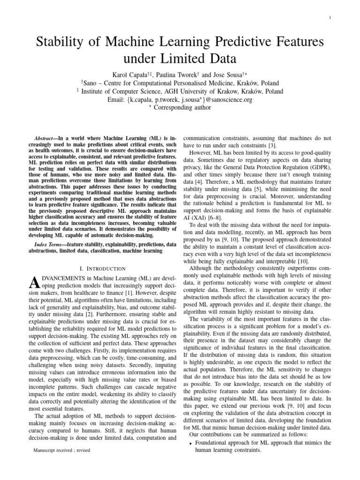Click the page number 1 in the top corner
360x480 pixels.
[x=331, y=18]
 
